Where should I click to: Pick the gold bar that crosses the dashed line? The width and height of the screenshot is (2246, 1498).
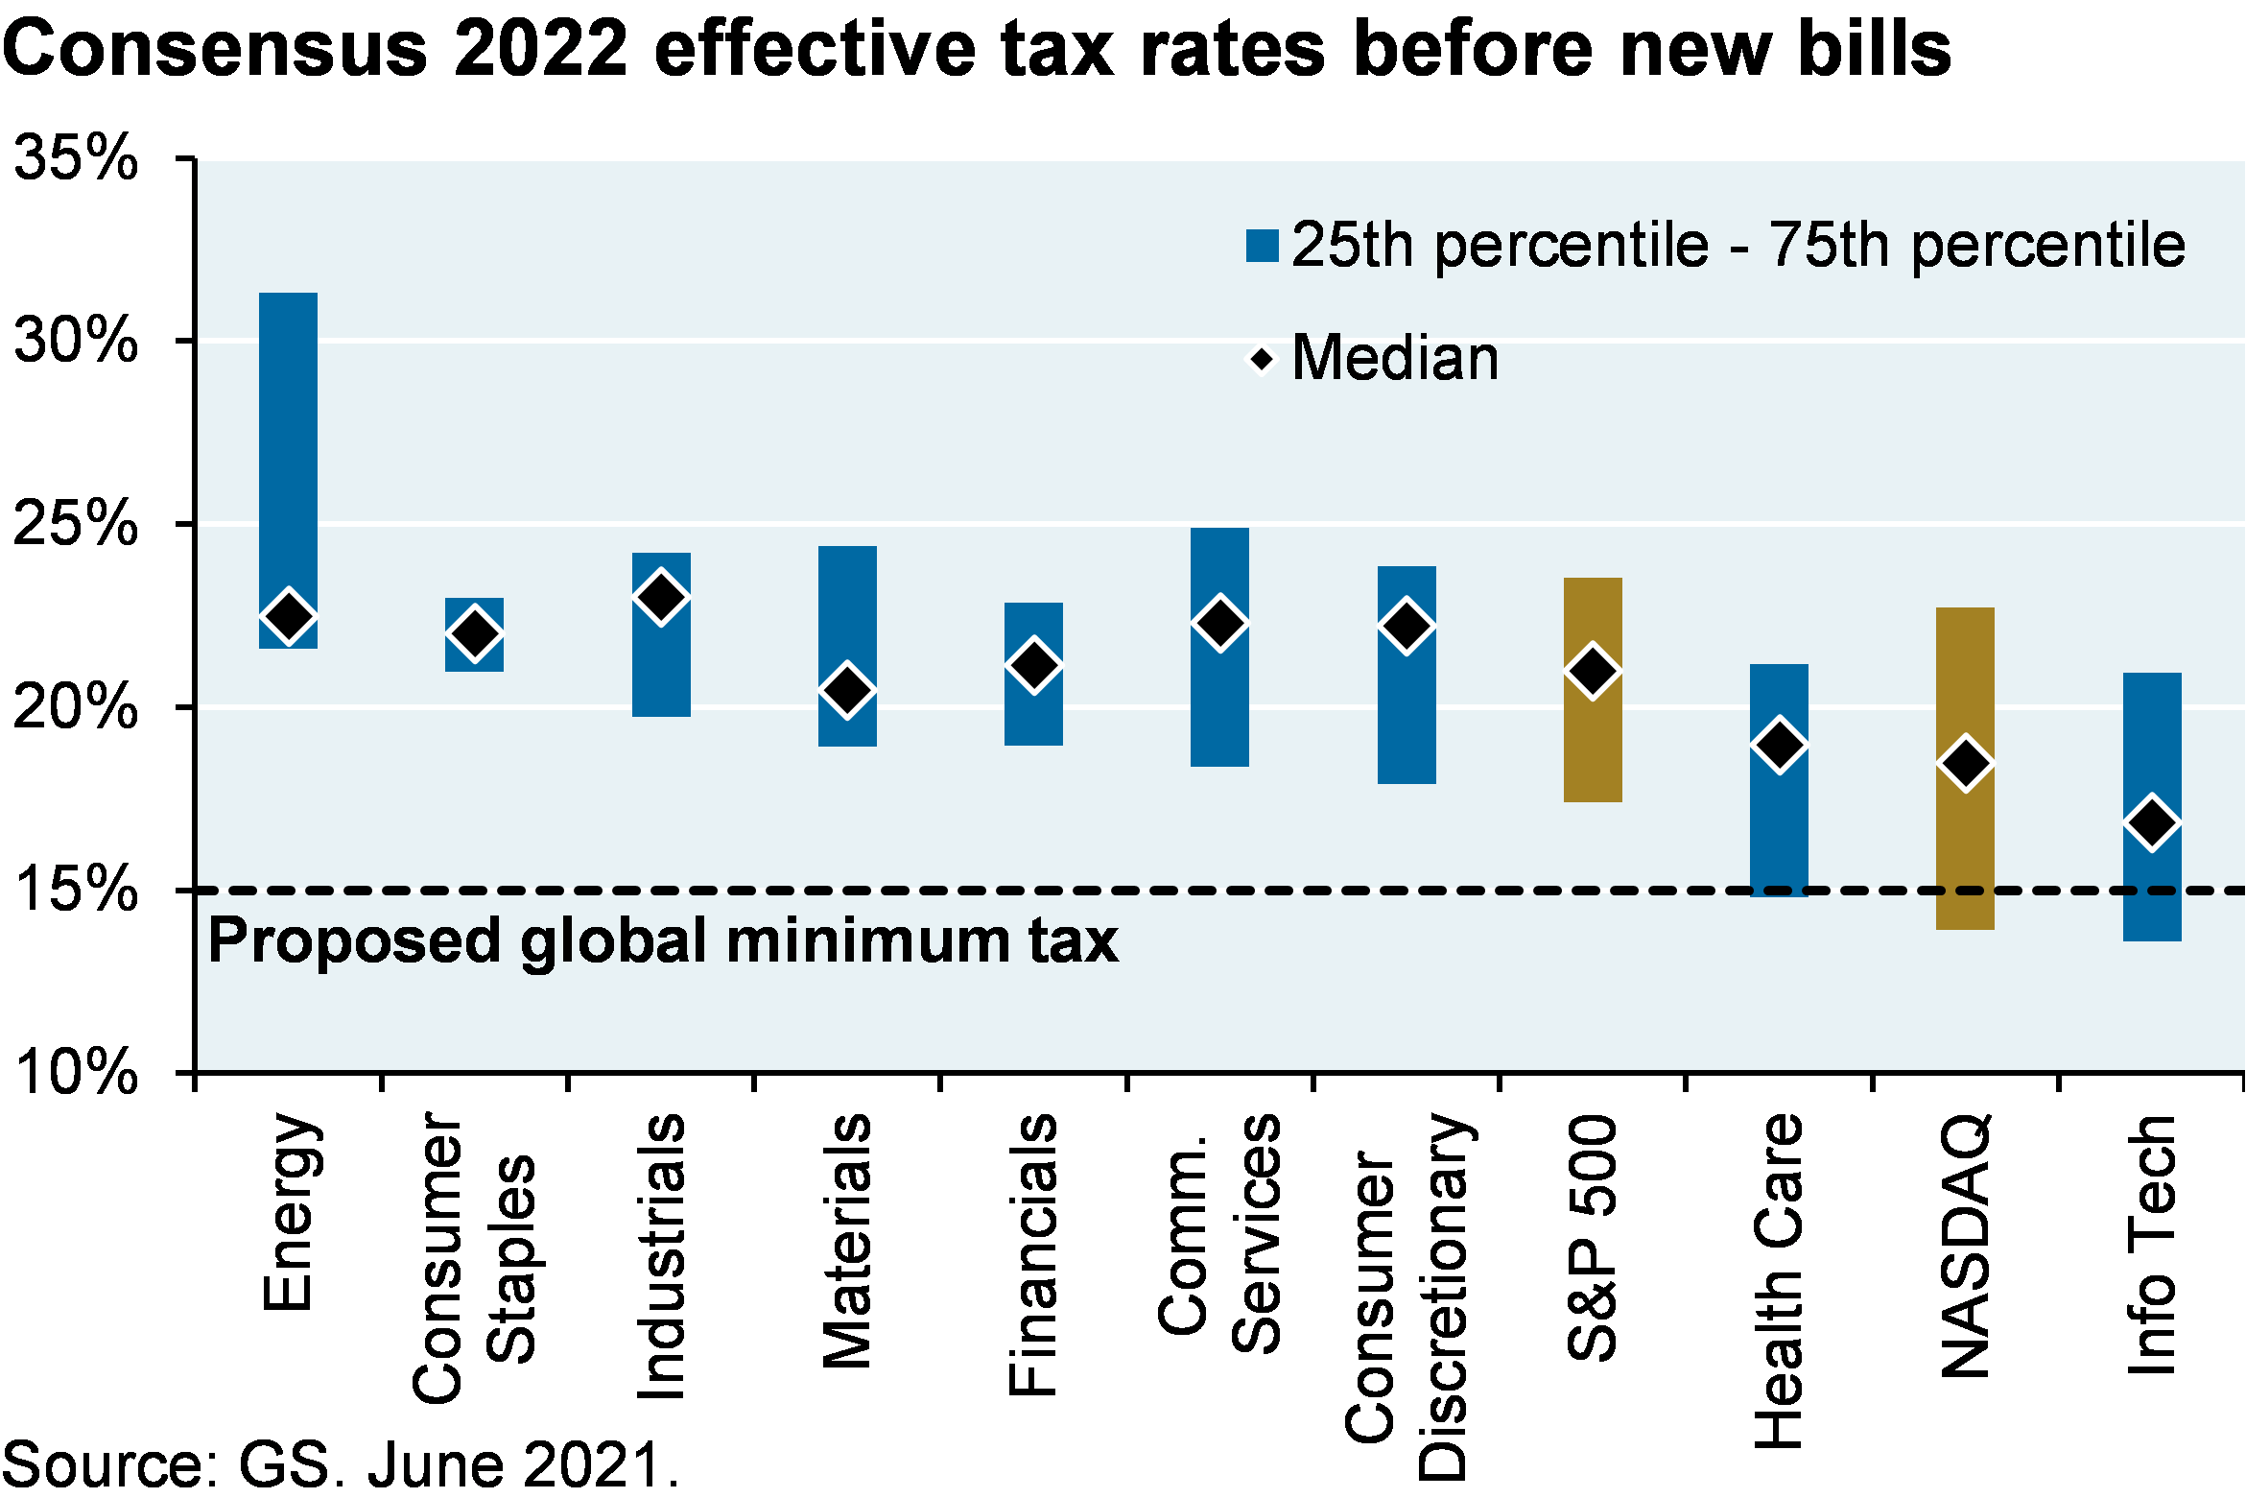coord(1965,844)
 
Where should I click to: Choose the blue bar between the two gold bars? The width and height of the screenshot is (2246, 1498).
coord(1779,825)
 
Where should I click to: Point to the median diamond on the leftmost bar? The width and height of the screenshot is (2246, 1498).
coord(288,616)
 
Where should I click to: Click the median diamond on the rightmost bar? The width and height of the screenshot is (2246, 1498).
coord(2152,822)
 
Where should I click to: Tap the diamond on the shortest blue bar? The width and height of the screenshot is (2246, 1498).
coord(474,633)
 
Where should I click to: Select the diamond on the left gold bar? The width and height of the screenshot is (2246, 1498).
coord(1593,671)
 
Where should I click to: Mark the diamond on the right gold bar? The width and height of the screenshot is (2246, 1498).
coord(1965,763)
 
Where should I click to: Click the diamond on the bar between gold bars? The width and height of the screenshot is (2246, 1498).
coord(1779,745)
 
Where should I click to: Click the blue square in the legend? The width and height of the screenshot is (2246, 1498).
coord(1262,246)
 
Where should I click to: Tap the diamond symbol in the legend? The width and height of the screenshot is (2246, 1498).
coord(1262,360)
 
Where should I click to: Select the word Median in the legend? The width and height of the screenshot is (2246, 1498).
coord(1395,358)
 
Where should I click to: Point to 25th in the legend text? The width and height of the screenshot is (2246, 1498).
coord(1353,245)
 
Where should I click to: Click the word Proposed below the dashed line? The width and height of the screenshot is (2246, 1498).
coord(354,940)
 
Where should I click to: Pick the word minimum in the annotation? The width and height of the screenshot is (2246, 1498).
coord(867,940)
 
